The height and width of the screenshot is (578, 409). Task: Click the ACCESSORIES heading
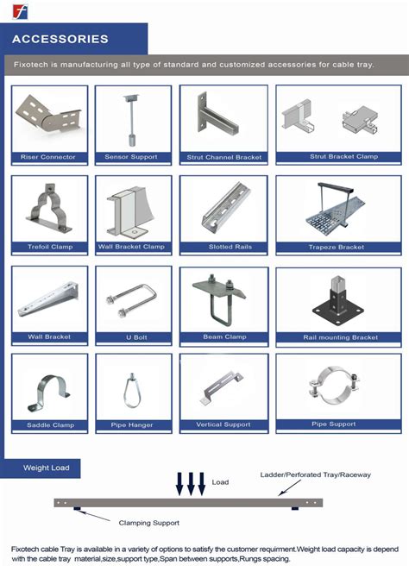60,39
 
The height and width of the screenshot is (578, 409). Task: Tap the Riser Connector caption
48,157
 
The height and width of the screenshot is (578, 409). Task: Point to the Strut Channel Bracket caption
224,158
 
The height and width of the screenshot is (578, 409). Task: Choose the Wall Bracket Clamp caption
131,247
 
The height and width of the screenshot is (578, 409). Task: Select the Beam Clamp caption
224,336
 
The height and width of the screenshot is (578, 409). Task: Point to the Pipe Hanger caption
131,424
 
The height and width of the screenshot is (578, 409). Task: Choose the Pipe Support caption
333,424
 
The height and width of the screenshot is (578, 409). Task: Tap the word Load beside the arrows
220,482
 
